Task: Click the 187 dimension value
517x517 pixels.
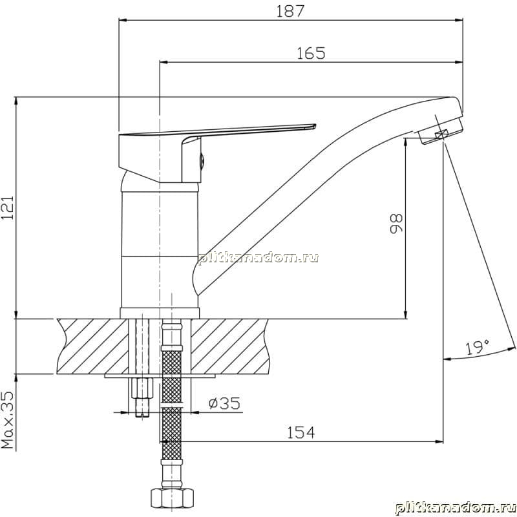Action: [x=290, y=11]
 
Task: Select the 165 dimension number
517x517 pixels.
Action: [x=311, y=54]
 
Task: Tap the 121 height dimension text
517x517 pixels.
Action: [x=7, y=207]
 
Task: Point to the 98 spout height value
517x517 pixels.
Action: [x=396, y=224]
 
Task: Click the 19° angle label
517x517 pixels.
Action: [x=477, y=348]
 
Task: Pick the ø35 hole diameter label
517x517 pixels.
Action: [x=224, y=403]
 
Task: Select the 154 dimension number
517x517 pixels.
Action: [x=301, y=432]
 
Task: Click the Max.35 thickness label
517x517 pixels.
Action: [x=8, y=419]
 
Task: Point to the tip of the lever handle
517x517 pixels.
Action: [x=315, y=125]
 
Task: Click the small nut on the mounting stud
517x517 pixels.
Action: [x=142, y=388]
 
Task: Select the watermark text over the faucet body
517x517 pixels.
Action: [x=258, y=257]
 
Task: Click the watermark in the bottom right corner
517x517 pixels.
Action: [x=456, y=507]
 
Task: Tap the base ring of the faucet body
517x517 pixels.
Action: [x=160, y=313]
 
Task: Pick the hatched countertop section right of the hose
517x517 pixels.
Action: [x=230, y=346]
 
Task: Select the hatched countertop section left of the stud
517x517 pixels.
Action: [x=92, y=346]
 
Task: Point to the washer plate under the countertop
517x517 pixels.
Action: [x=160, y=376]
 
